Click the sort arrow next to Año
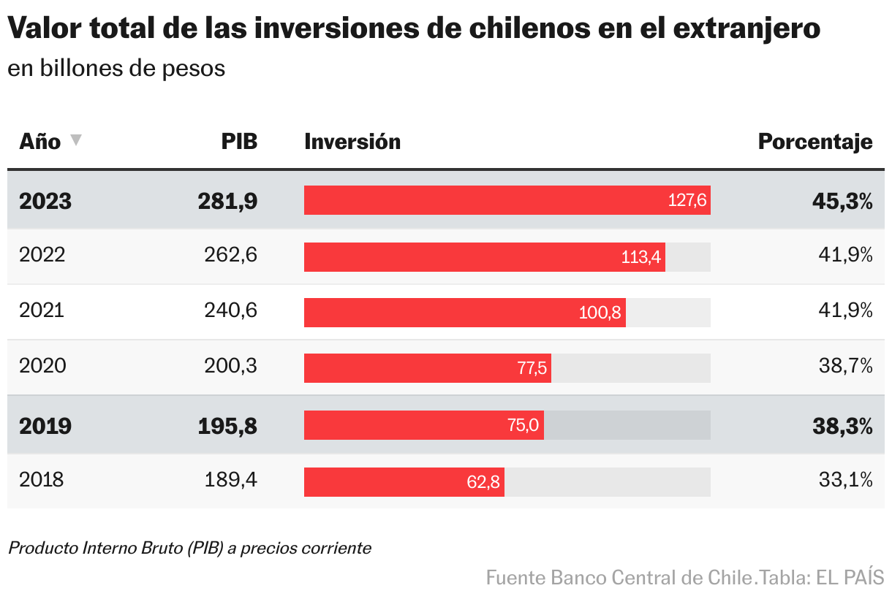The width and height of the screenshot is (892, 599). tap(76, 140)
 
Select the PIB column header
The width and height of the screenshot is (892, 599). tap(239, 141)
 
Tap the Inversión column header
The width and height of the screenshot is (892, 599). tap(352, 141)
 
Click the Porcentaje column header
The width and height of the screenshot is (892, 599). tap(814, 141)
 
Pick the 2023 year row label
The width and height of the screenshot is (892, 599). tap(45, 201)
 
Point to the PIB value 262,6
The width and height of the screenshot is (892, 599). tap(230, 255)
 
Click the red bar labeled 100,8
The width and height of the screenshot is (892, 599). tap(464, 313)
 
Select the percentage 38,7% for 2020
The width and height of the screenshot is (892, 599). tap(845, 366)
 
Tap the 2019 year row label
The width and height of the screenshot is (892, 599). tap(45, 426)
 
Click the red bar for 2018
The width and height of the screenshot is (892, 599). tap(404, 482)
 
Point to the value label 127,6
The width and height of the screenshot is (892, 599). tap(687, 201)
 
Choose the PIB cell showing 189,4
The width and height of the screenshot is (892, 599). tap(230, 480)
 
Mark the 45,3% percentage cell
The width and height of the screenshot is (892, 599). tap(842, 201)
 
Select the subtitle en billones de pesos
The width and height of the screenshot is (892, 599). tap(116, 69)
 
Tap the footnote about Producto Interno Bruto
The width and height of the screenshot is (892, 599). tap(189, 548)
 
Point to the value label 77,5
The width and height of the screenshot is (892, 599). tap(532, 368)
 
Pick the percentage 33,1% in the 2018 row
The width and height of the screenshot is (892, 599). tap(846, 480)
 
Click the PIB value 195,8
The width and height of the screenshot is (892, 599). tap(227, 426)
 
